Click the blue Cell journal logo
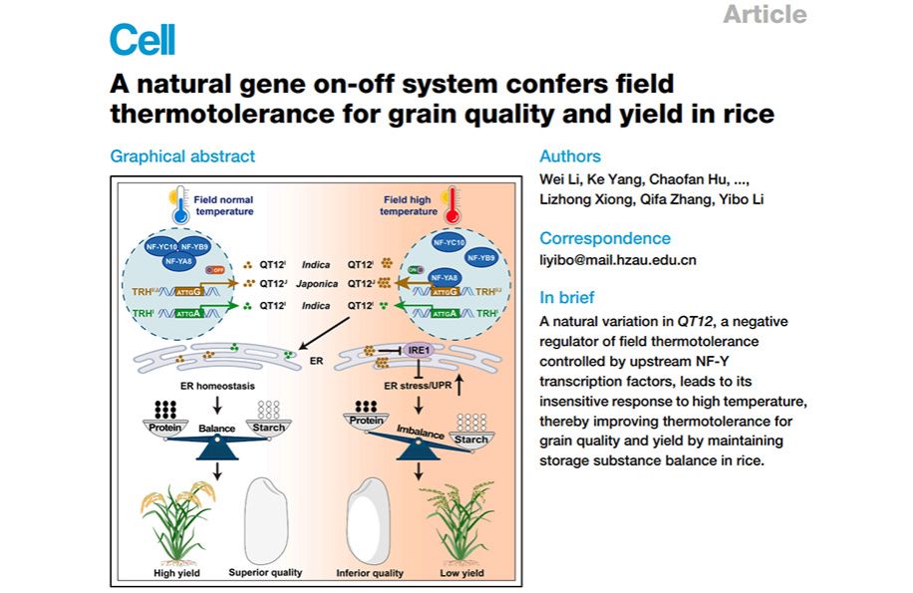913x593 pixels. (142, 41)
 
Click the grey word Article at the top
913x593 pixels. (764, 14)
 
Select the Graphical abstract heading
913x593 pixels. (182, 156)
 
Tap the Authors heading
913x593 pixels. (570, 156)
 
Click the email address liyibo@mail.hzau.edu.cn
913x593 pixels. (618, 260)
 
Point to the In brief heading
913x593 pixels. (566, 297)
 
